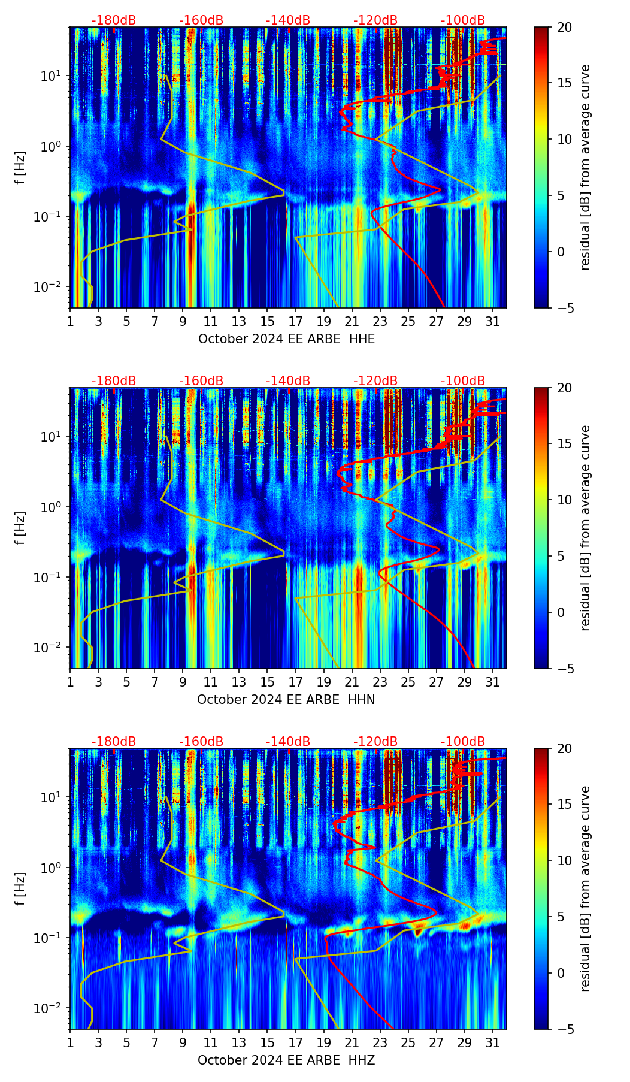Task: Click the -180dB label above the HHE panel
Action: [114, 20]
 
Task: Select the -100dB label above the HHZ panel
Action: [463, 742]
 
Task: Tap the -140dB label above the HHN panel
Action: [288, 381]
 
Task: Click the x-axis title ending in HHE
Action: [286, 339]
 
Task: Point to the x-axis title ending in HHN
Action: [286, 700]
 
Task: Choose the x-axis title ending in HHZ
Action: [286, 1060]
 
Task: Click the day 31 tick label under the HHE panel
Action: [493, 322]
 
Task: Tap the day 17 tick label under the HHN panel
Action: [296, 682]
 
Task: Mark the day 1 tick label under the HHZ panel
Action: [71, 1043]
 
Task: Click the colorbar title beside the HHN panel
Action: [586, 528]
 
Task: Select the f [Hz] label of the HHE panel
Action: [21, 168]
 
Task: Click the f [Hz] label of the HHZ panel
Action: [21, 889]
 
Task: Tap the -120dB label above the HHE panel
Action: [375, 20]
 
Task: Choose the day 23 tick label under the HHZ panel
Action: [380, 1043]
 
